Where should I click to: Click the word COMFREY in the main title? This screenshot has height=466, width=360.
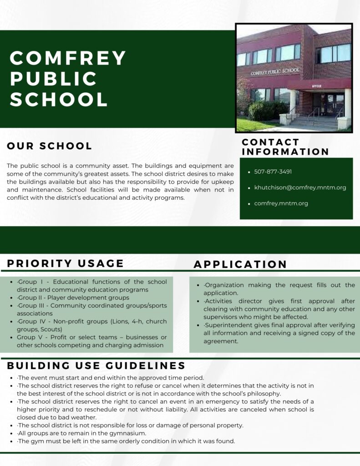(x=68, y=58)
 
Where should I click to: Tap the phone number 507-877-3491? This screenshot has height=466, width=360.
(x=273, y=172)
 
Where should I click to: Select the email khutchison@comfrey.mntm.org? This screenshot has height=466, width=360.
(x=300, y=187)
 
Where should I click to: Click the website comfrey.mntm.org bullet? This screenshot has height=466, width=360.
(x=281, y=203)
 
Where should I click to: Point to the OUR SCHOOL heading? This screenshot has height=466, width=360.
(x=50, y=146)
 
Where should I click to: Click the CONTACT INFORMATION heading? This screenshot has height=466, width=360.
(x=285, y=147)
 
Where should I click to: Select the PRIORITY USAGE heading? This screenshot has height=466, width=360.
(x=66, y=263)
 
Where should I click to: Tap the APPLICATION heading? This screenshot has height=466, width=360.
(x=240, y=264)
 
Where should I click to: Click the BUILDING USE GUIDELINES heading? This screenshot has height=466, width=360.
(x=96, y=366)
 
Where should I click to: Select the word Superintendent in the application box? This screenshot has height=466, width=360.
(x=226, y=325)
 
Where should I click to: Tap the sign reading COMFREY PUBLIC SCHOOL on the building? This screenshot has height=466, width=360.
(x=275, y=71)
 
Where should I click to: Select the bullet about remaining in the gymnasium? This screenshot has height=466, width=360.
(x=81, y=433)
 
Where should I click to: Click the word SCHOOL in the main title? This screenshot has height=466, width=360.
(x=59, y=99)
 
